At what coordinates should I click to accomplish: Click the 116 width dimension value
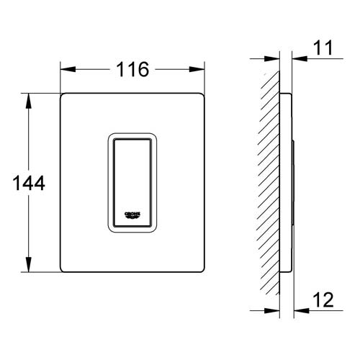click(x=132, y=69)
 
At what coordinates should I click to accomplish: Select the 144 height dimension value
click(x=29, y=183)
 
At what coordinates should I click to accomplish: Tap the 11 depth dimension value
click(x=323, y=48)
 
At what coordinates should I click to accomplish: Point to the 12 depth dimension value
click(x=323, y=300)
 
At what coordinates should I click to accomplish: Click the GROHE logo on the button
click(x=132, y=215)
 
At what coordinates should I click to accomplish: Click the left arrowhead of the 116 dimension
click(x=68, y=69)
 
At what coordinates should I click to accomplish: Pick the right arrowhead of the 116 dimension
click(x=197, y=69)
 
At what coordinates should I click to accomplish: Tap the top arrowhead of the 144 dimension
click(x=29, y=101)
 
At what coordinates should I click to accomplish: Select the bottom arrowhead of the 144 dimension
click(x=29, y=264)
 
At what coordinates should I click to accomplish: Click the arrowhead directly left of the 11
click(x=300, y=58)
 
